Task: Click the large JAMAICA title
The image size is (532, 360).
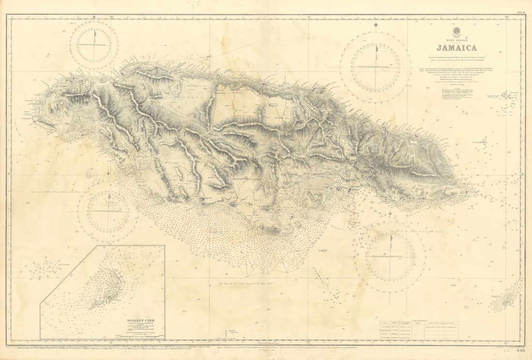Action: click(457, 48)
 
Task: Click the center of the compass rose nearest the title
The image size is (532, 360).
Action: click(376, 67)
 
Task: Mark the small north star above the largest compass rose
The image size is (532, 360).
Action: click(376, 24)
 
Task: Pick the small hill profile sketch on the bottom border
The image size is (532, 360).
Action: click(226, 334)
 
